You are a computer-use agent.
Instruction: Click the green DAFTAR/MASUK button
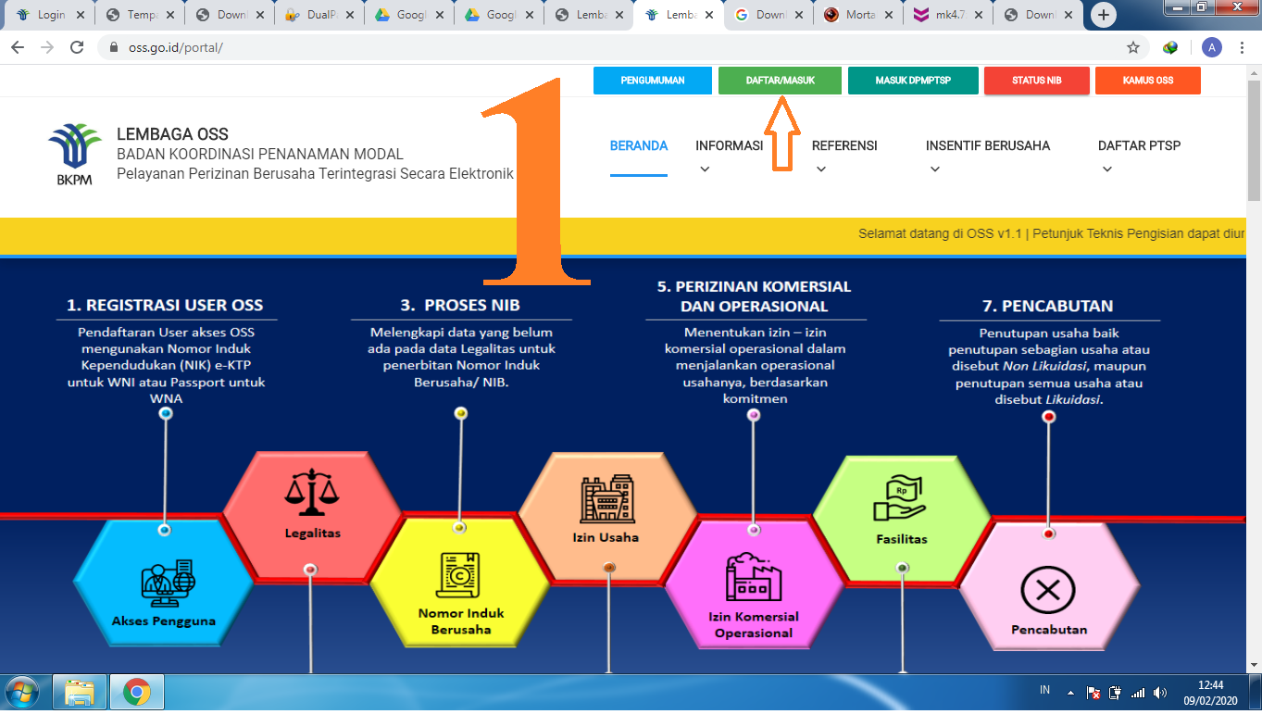click(x=780, y=81)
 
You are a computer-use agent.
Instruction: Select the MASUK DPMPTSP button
click(x=912, y=81)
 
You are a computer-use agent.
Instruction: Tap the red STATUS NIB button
click(x=1036, y=81)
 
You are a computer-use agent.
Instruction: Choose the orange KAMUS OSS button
click(x=1147, y=81)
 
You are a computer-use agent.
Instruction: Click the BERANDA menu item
click(x=638, y=145)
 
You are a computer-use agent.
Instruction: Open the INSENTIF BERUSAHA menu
click(x=987, y=145)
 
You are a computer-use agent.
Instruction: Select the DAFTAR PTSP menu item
click(x=1139, y=145)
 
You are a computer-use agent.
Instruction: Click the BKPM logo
click(x=74, y=154)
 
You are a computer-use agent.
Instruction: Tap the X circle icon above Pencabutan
click(x=1047, y=590)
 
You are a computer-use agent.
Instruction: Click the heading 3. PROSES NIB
click(x=460, y=305)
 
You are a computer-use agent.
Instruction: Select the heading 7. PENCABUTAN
click(x=1048, y=306)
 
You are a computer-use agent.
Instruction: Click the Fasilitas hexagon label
click(x=901, y=538)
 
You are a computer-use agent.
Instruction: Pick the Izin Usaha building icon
click(x=606, y=501)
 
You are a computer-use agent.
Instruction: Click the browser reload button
click(x=78, y=47)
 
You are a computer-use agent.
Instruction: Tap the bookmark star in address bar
click(x=1132, y=47)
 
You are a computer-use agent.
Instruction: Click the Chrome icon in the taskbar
click(x=137, y=692)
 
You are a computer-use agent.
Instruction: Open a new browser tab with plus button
click(x=1103, y=15)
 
